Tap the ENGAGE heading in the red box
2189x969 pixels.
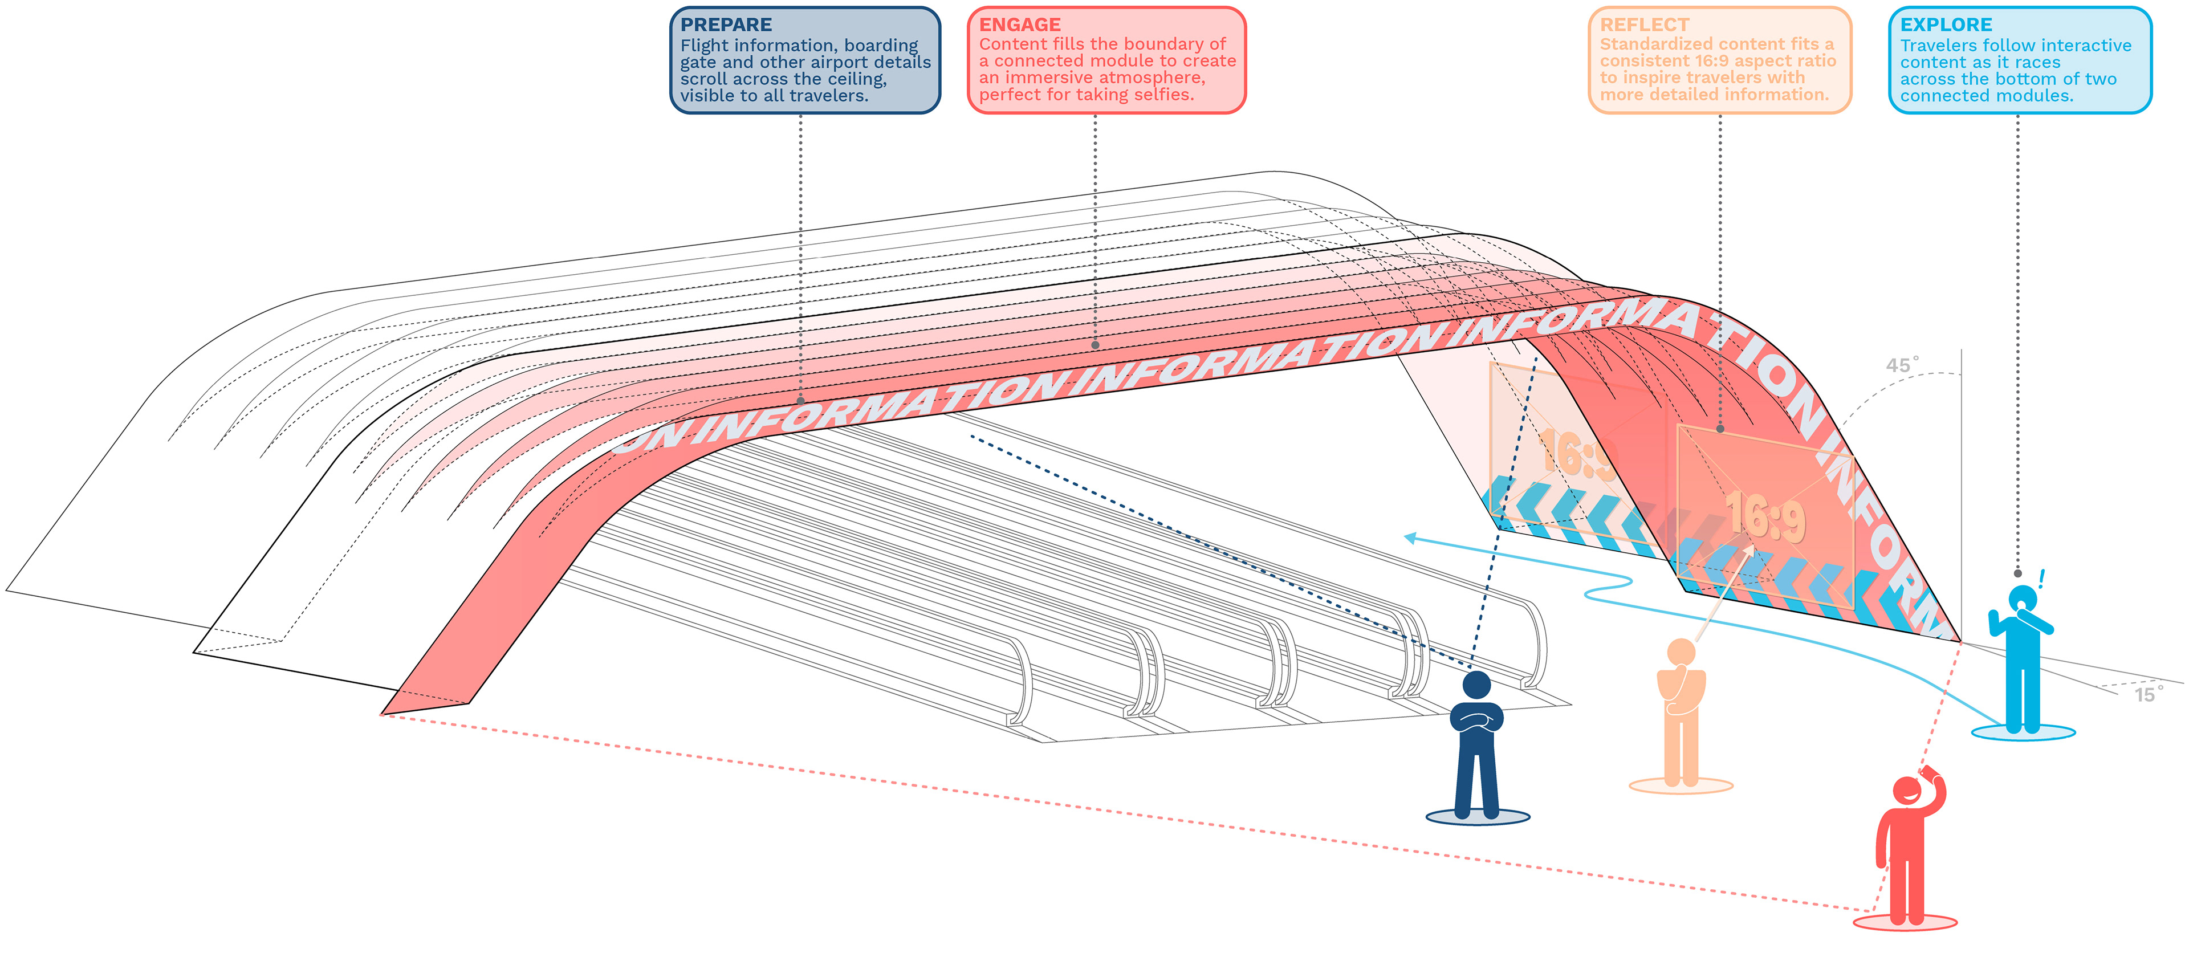tap(1020, 25)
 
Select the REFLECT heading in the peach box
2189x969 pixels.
tap(1644, 25)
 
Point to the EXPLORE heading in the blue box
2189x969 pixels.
tap(1946, 25)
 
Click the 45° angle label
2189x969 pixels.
tap(1902, 365)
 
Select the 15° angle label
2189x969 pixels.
tap(2147, 694)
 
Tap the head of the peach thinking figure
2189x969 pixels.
tap(1681, 652)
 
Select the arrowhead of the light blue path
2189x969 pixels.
tap(1410, 537)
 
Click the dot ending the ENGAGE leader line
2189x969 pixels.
tap(1095, 345)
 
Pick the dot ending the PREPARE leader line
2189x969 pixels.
tap(800, 400)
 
